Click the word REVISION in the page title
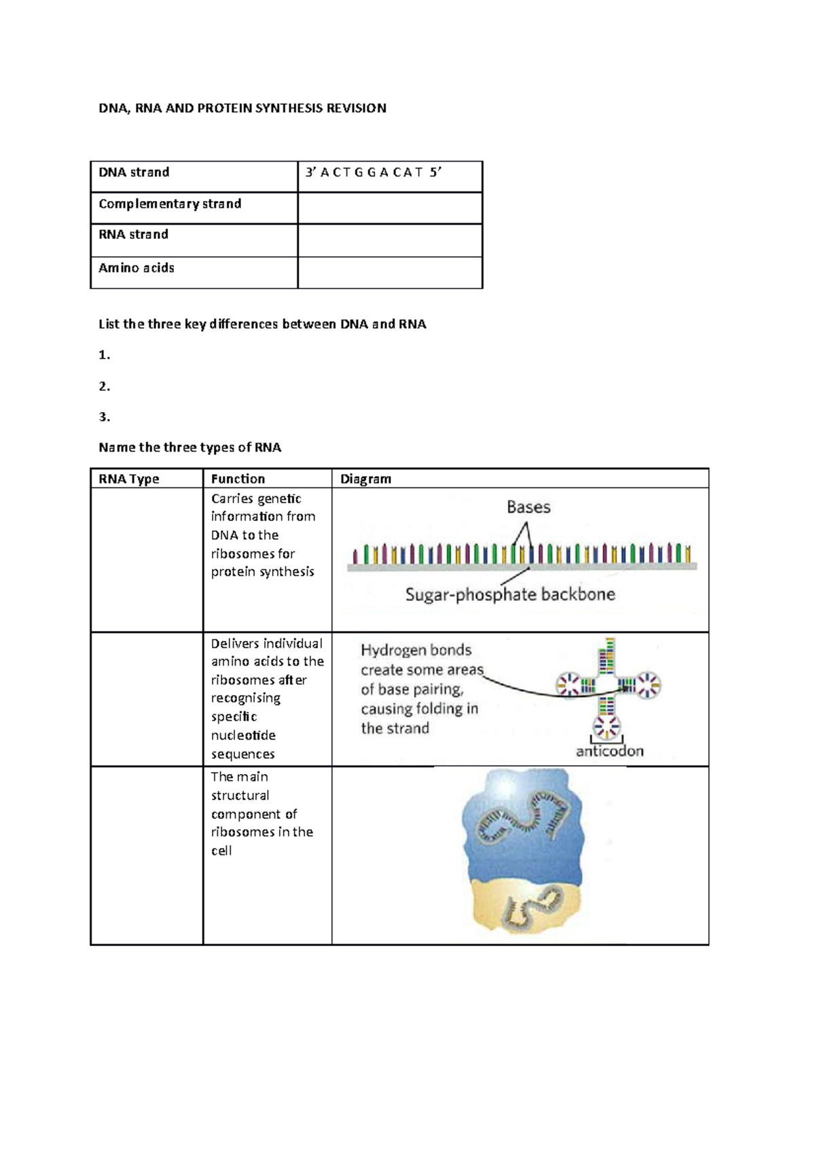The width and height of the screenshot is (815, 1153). [356, 108]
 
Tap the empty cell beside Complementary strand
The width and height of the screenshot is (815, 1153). [389, 208]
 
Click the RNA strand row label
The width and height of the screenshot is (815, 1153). [134, 235]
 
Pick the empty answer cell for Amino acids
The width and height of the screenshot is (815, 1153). [389, 272]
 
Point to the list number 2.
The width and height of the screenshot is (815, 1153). [104, 386]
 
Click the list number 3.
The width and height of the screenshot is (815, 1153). [104, 417]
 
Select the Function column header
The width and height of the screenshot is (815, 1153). [238, 479]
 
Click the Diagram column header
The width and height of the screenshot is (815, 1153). [365, 479]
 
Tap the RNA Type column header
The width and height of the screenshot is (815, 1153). [129, 479]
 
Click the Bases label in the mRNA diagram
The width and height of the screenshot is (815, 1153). [528, 507]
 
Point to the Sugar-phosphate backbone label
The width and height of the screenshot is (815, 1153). [510, 595]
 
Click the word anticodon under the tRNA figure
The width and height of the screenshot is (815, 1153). [609, 751]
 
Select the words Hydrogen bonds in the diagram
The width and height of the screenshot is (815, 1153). [416, 651]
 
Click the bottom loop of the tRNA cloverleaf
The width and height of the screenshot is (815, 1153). [606, 727]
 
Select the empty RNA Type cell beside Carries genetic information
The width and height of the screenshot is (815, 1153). [147, 560]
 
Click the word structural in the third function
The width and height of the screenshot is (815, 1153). [240, 795]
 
